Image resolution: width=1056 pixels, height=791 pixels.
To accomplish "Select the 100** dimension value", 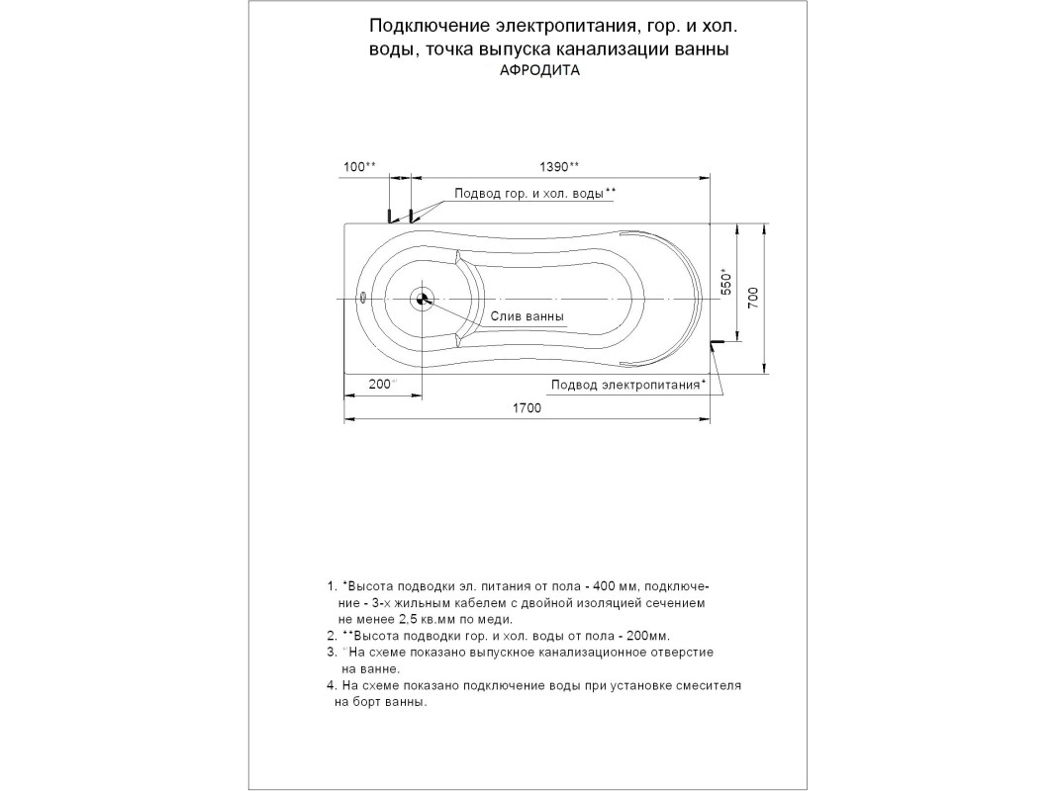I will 359,166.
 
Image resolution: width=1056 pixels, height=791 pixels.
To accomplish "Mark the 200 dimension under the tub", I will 381,384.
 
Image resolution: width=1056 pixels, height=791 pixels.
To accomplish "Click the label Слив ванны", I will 528,317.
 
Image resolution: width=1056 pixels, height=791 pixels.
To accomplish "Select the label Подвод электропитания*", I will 628,385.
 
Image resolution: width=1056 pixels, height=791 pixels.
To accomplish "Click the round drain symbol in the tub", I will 424,299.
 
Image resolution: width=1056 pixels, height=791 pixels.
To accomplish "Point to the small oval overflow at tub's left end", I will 363,297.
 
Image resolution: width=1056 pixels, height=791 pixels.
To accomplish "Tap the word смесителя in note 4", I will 710,685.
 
